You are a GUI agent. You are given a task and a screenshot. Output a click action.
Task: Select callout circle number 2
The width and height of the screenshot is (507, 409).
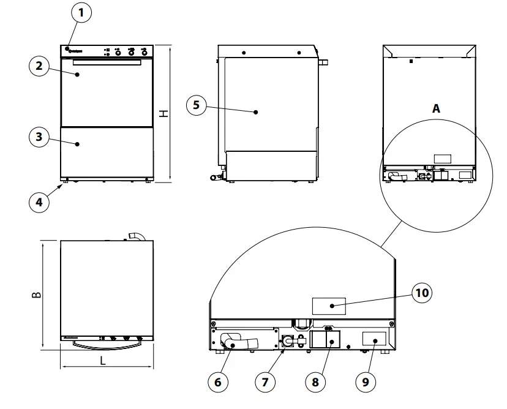pyautogui.click(x=39, y=66)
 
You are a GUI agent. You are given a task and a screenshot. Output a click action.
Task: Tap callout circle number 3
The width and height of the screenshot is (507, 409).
pyautogui.click(x=39, y=137)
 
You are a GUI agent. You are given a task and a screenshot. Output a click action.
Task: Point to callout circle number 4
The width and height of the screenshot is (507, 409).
pyautogui.click(x=39, y=201)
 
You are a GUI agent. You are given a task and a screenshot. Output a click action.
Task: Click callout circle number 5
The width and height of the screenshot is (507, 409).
pyautogui.click(x=196, y=105)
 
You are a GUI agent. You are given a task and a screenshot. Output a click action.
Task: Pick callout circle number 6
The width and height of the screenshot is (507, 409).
pyautogui.click(x=218, y=381)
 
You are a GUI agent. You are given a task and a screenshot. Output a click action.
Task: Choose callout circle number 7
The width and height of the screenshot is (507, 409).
pyautogui.click(x=265, y=381)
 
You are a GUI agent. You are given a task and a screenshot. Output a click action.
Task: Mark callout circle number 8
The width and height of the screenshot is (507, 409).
pyautogui.click(x=315, y=381)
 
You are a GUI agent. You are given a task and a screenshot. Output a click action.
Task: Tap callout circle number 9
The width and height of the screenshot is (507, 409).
pyautogui.click(x=366, y=381)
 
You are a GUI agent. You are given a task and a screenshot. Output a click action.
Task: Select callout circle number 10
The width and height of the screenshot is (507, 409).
pyautogui.click(x=421, y=293)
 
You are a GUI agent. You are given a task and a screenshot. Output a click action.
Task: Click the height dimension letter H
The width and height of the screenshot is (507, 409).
pyautogui.click(x=163, y=114)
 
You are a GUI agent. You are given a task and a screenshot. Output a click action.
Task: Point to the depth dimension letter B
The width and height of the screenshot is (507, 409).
pyautogui.click(x=37, y=295)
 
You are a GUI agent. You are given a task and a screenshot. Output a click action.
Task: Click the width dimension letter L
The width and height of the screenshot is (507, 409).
pyautogui.click(x=103, y=361)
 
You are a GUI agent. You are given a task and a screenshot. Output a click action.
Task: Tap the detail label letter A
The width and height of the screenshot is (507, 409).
pyautogui.click(x=436, y=108)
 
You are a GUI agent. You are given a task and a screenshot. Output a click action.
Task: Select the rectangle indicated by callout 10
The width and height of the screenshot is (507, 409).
pyautogui.click(x=329, y=304)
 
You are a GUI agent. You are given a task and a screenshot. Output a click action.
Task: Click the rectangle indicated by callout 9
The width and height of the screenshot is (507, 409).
pyautogui.click(x=374, y=339)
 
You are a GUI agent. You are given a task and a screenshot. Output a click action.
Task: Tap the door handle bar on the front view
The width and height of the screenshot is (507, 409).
pyautogui.click(x=107, y=62)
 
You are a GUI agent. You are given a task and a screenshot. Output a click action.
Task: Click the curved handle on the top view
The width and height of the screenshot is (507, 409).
pyautogui.click(x=107, y=347)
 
